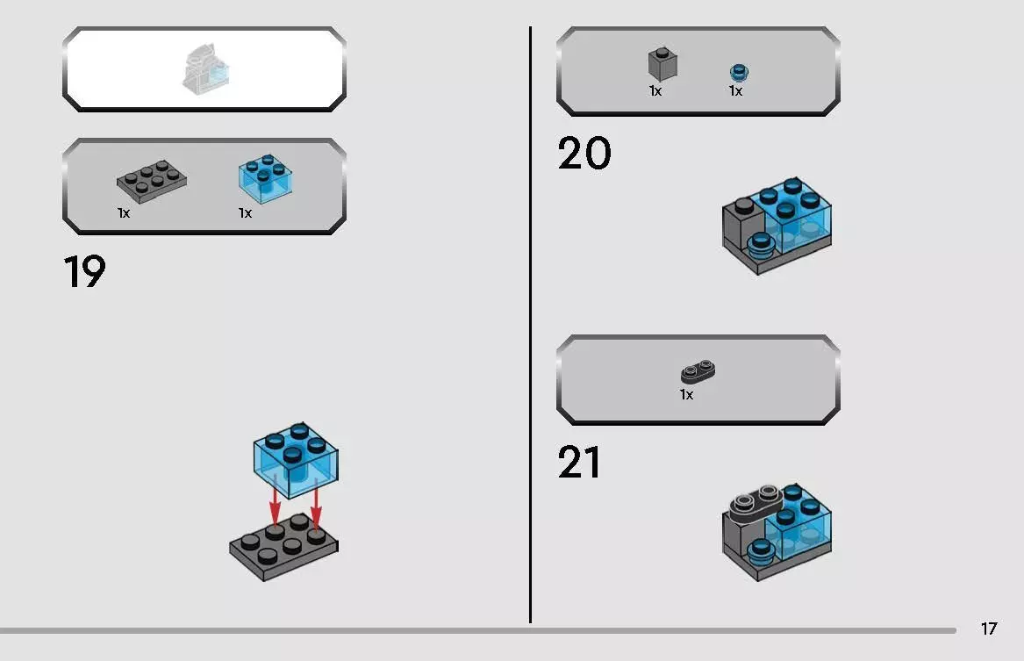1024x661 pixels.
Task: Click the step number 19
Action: (84, 271)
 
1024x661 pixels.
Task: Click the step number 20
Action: (584, 154)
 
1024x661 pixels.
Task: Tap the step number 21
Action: (578, 463)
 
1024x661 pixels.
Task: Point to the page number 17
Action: (989, 629)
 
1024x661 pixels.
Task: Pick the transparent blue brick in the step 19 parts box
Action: (265, 178)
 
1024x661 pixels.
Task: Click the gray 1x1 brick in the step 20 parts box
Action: (662, 64)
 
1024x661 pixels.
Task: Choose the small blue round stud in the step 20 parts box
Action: (739, 73)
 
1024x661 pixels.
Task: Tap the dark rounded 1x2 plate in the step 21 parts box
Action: (698, 371)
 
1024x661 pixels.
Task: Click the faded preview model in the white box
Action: (205, 69)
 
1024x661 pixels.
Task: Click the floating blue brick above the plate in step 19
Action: (296, 460)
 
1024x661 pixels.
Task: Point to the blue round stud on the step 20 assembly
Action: (760, 244)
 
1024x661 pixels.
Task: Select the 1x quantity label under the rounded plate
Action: (686, 394)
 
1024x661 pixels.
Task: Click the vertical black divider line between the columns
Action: (530, 325)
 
